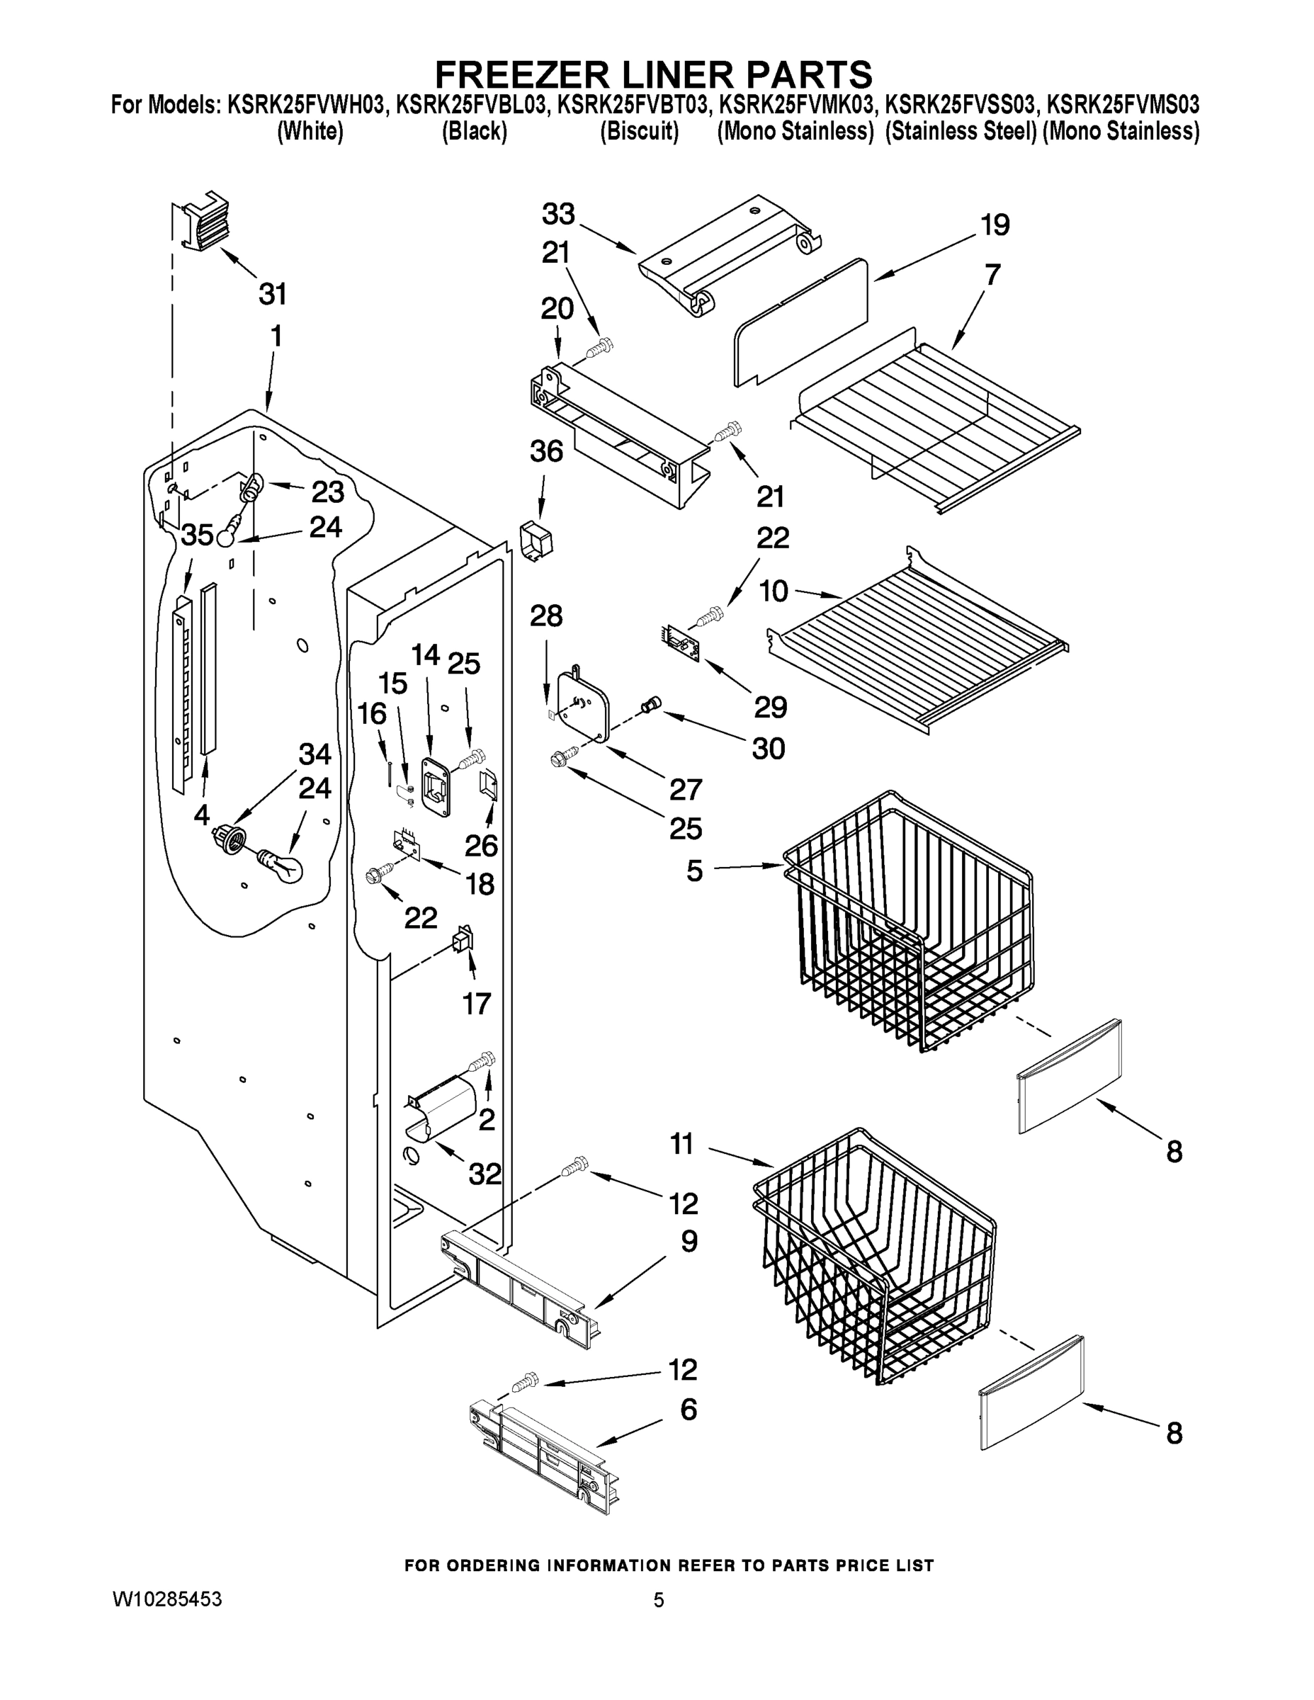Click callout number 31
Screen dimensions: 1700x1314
pos(273,294)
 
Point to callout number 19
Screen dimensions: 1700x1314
pos(995,225)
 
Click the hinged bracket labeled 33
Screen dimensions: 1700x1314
pos(724,254)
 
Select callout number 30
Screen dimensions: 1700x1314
pos(769,749)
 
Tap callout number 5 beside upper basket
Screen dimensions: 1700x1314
pos(694,871)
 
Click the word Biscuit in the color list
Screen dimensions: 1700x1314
pos(639,132)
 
